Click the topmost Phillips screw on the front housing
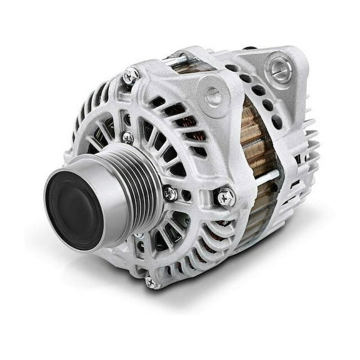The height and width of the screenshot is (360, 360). (130, 75)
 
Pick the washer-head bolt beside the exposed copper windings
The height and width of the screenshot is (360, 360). (226, 197)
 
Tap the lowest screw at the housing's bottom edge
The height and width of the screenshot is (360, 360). (151, 282)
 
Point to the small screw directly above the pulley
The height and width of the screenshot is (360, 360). (127, 137)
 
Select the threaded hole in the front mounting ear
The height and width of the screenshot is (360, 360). (213, 96)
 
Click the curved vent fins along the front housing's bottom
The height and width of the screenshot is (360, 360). (187, 262)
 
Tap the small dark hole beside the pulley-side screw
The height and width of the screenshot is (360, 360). (186, 195)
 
